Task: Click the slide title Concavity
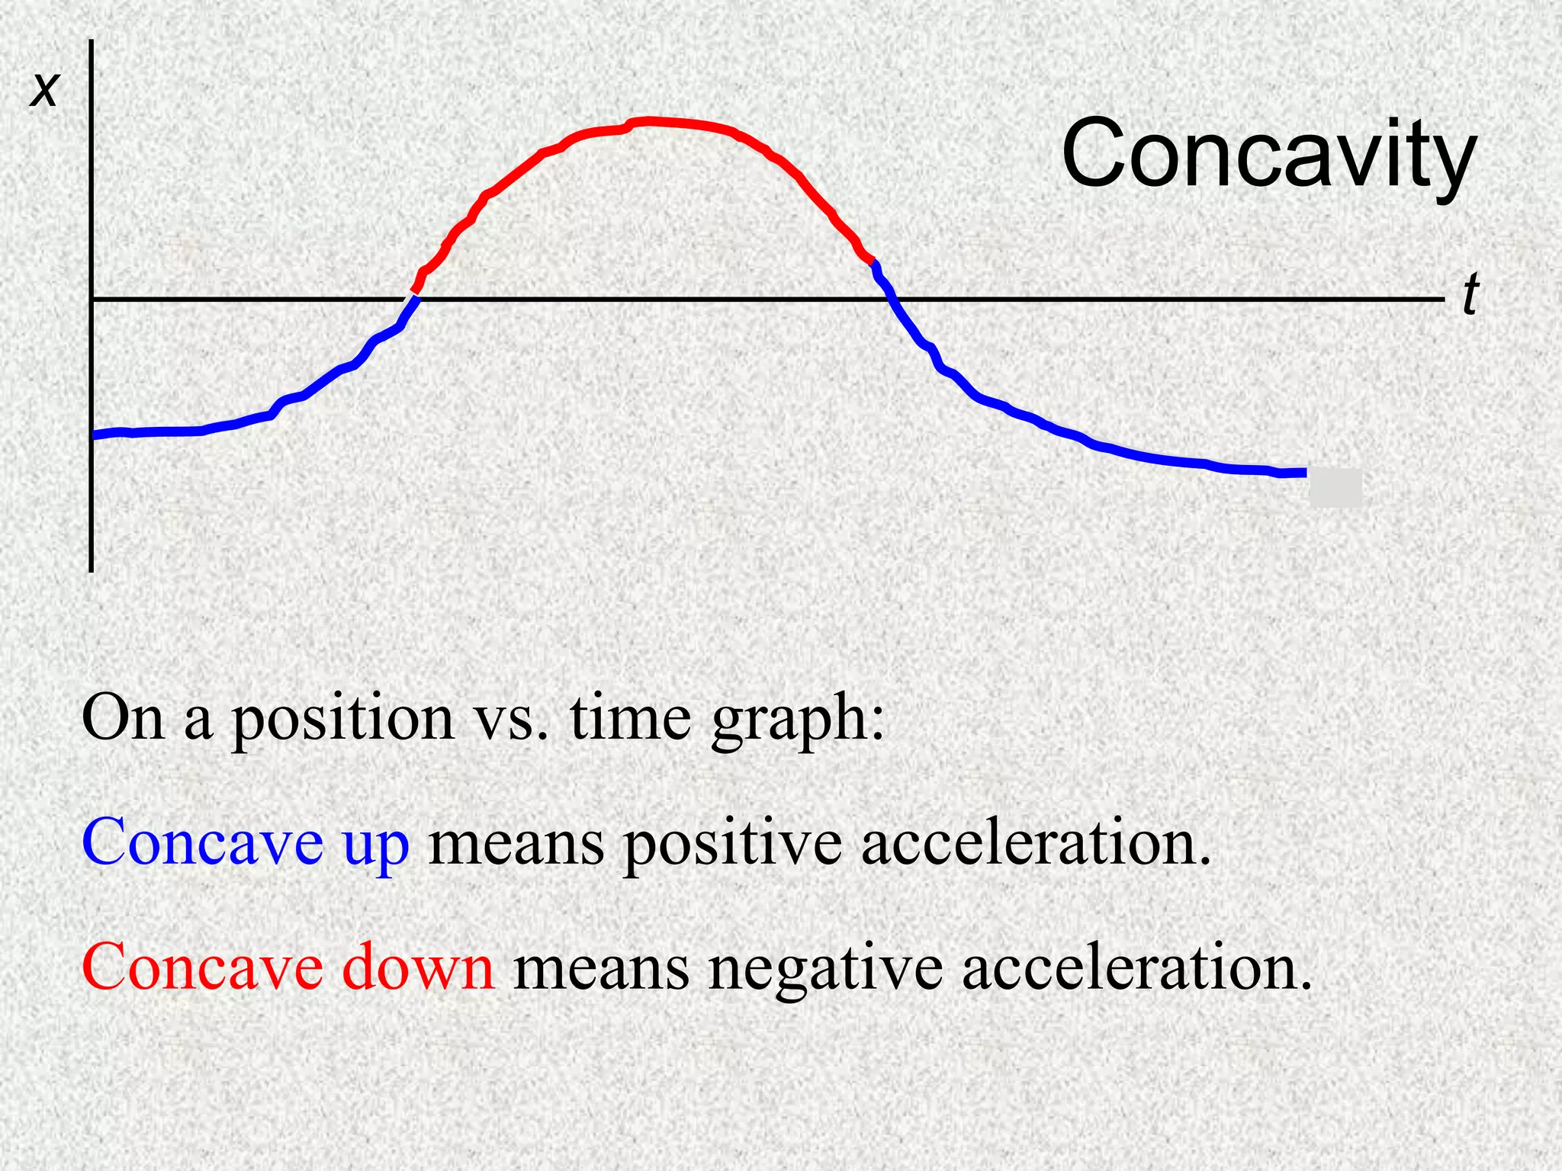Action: pos(1268,155)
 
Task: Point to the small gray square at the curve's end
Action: pos(1335,488)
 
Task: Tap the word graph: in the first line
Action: pos(798,720)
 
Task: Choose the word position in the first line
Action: pos(342,720)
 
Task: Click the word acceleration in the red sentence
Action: pos(1136,967)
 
